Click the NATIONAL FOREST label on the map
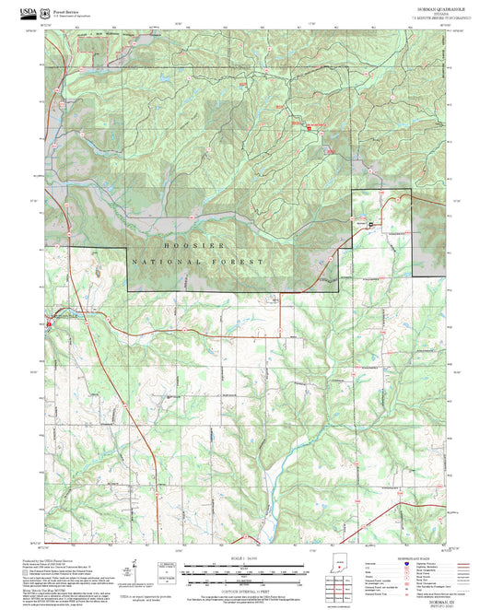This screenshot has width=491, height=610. [198, 263]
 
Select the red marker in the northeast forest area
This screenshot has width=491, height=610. [309, 128]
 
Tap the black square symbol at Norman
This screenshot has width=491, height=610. [371, 224]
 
